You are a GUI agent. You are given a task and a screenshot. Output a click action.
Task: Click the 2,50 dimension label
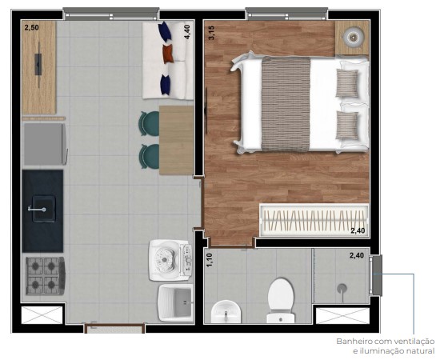point(31,28)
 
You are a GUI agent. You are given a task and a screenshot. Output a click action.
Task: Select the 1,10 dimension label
point(210,260)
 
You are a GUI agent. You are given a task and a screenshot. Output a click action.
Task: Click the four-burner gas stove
point(42,276)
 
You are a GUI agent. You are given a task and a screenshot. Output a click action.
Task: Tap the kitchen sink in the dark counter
point(40,210)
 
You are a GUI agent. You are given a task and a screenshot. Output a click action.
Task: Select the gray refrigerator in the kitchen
point(43,145)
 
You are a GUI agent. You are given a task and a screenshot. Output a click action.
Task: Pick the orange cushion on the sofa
point(168,54)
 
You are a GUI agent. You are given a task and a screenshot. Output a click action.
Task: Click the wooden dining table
point(176,140)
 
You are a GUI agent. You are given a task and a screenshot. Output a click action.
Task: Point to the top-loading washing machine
point(170,258)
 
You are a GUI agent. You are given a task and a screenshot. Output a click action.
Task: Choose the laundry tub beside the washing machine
point(175,302)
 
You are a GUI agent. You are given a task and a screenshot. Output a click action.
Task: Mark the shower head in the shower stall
point(342,286)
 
